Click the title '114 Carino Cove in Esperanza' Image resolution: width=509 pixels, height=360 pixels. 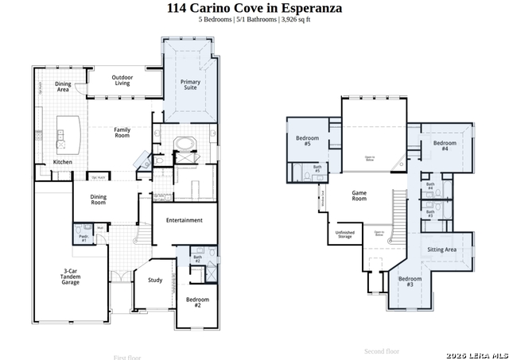click(x=254, y=9)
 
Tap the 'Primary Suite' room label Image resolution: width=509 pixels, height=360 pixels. click(x=191, y=85)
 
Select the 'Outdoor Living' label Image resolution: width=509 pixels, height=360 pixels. click(x=121, y=79)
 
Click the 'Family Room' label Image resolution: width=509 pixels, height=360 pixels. click(x=122, y=133)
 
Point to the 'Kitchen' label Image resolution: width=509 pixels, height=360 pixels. click(x=62, y=162)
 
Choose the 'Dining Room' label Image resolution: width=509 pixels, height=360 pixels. click(x=98, y=199)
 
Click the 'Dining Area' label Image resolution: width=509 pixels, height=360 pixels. click(x=63, y=87)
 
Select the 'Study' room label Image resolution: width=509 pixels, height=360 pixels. click(x=155, y=280)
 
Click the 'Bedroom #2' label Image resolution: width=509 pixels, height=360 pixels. click(x=198, y=302)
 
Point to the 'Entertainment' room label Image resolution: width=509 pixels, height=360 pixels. click(x=184, y=220)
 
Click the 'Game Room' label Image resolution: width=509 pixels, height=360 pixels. click(x=359, y=195)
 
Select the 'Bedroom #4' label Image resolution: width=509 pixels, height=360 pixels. click(x=445, y=145)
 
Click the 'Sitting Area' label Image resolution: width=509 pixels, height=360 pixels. click(x=441, y=250)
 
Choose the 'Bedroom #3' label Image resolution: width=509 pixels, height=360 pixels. click(x=410, y=281)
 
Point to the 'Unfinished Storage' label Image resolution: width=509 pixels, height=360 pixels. click(x=345, y=234)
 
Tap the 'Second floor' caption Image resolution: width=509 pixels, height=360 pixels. click(x=382, y=351)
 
